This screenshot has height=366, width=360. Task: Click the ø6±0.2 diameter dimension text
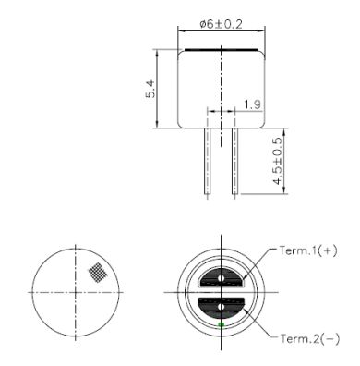(x=221, y=24)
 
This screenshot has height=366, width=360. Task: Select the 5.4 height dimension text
(x=150, y=89)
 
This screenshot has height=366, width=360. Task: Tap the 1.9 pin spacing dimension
(x=253, y=104)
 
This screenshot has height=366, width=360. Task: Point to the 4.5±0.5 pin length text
(x=278, y=161)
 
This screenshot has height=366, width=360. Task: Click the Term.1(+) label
(x=308, y=250)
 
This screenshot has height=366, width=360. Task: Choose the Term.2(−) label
(x=310, y=339)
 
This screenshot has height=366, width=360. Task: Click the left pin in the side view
(x=208, y=161)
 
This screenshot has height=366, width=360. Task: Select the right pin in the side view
(x=234, y=161)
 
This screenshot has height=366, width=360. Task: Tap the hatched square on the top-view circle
(x=97, y=272)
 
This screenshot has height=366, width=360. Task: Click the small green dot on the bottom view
(x=221, y=324)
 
